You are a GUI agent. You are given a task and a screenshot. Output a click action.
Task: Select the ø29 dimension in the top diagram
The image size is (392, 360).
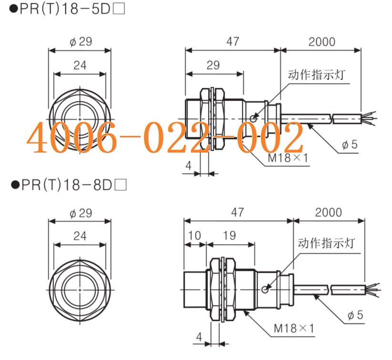80,41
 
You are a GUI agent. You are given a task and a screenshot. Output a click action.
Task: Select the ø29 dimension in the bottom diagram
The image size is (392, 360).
80,213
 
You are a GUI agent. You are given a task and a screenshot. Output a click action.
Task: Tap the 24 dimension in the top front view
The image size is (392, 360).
80,65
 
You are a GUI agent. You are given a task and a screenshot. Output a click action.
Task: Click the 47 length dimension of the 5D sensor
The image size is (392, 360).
232,41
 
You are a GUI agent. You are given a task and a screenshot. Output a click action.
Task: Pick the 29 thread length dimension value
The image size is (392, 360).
213,65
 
